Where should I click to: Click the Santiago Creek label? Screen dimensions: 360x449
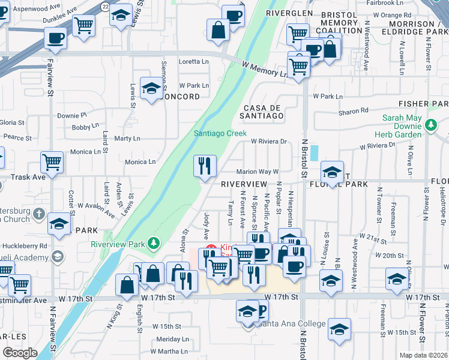(x=220, y=133)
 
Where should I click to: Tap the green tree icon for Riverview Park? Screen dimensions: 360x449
(x=155, y=243)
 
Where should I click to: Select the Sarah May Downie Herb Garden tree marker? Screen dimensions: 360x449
(x=430, y=125)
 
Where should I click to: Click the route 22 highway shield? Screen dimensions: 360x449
(x=105, y=5)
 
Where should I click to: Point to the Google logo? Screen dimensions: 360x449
(x=20, y=353)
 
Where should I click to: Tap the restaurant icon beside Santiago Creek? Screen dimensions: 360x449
(x=205, y=164)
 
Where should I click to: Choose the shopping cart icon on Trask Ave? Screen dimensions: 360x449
(x=52, y=161)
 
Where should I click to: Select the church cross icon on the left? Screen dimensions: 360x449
(x=39, y=214)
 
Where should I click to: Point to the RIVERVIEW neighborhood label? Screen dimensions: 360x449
(x=244, y=184)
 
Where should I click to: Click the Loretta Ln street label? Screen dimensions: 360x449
(x=194, y=61)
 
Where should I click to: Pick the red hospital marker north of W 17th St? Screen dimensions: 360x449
(x=211, y=248)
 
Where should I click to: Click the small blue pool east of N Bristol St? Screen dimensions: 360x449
(x=315, y=152)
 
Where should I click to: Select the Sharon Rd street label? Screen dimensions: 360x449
(x=354, y=111)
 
